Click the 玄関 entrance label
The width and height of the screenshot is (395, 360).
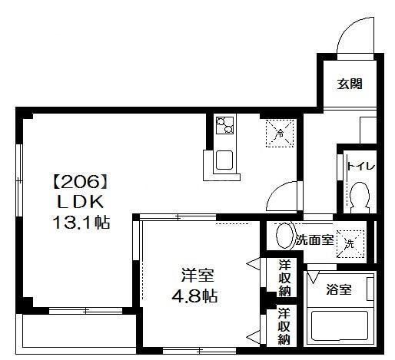(348, 84)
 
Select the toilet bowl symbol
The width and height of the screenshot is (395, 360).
(359, 199)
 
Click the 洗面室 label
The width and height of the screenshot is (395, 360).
(314, 240)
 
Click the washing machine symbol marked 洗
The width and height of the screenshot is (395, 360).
(349, 243)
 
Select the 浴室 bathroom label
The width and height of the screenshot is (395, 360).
(338, 290)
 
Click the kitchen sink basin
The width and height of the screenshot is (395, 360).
(226, 161)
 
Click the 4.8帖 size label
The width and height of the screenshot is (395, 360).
(197, 296)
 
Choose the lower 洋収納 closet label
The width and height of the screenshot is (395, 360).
(284, 325)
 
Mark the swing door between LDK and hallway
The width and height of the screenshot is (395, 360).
(286, 192)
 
